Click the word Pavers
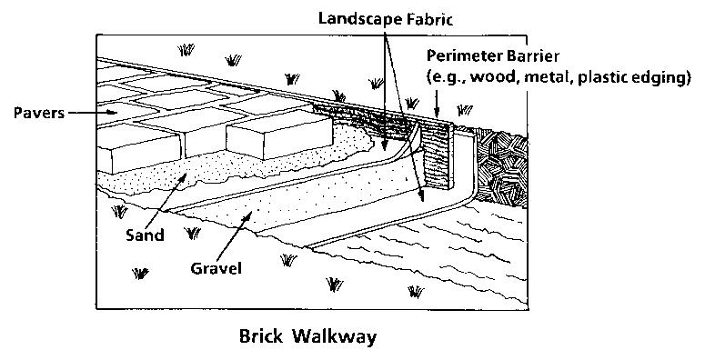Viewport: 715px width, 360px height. click(37, 113)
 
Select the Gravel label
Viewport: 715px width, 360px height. click(216, 269)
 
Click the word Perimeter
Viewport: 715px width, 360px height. click(462, 54)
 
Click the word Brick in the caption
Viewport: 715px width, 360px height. click(261, 335)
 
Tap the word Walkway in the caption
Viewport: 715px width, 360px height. click(333, 335)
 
